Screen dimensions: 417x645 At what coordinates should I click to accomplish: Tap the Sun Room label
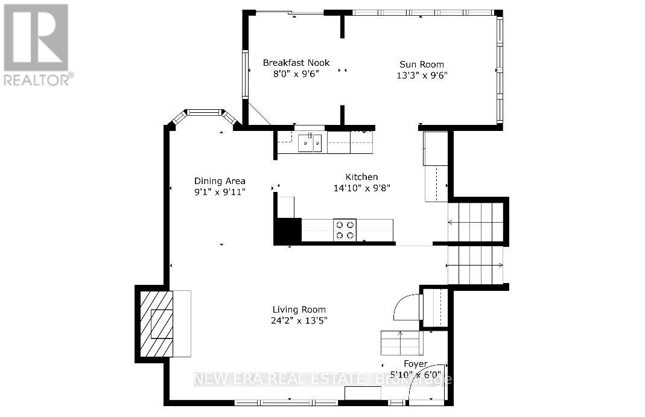coord(422,65)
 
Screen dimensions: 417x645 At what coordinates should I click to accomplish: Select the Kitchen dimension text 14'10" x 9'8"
coord(361,188)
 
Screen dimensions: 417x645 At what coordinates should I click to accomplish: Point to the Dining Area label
coord(220,181)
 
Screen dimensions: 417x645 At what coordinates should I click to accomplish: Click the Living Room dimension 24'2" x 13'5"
coord(299,320)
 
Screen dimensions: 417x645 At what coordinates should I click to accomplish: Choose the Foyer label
coord(415,364)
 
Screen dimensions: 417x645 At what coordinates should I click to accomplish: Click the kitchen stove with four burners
coord(345,230)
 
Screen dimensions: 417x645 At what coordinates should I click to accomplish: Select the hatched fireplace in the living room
coord(157,323)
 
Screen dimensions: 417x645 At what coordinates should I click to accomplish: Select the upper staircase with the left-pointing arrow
coord(476,222)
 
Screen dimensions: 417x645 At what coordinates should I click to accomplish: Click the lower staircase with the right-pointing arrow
coord(475,265)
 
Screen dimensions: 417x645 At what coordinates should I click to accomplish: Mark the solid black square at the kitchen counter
coord(287,231)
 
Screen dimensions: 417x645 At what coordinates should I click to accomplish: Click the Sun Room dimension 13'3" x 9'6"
coord(422,75)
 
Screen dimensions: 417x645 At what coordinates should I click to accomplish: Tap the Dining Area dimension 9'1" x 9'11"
coord(220,191)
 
